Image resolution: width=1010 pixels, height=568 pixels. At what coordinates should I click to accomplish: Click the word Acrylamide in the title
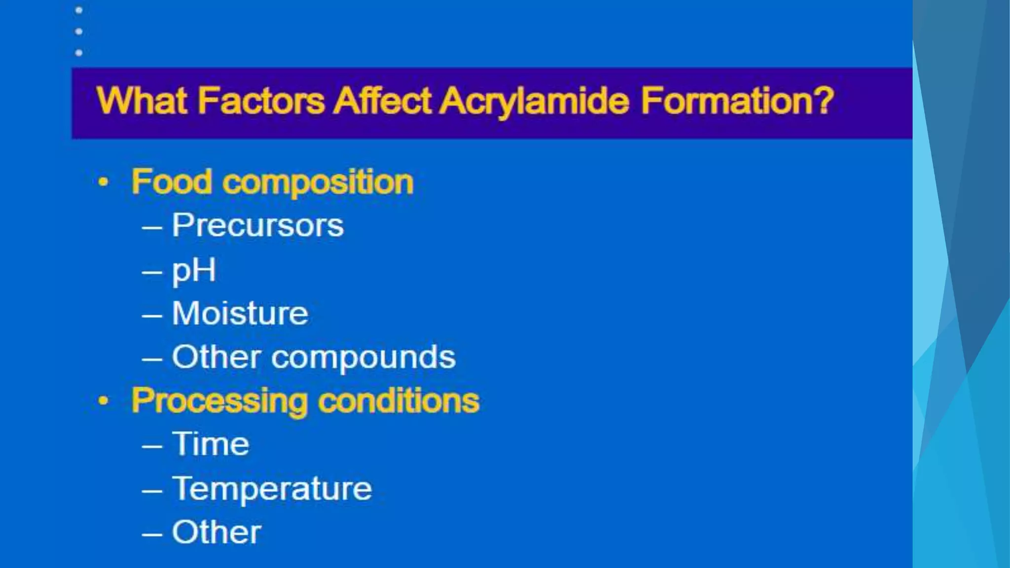point(534,101)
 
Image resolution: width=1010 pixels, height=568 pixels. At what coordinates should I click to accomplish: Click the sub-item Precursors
point(257,225)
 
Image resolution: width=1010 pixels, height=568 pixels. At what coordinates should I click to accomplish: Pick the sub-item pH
point(194,270)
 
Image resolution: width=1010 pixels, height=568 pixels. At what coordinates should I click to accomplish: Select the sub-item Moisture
point(240,314)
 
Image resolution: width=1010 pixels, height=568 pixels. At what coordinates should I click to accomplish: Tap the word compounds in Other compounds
point(363,357)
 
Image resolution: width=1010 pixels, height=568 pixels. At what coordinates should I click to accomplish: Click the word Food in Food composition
point(172,182)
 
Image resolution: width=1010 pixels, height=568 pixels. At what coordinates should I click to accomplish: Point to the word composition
point(318,183)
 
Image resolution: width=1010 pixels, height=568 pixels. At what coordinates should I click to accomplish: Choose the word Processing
point(219,401)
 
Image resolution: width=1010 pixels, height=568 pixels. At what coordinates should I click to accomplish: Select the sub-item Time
point(211,444)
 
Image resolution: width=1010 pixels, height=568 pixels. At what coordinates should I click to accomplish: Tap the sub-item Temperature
point(272,489)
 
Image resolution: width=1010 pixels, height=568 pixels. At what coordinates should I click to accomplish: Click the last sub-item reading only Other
point(216,532)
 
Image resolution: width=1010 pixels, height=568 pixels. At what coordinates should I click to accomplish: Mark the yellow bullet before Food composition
point(103,182)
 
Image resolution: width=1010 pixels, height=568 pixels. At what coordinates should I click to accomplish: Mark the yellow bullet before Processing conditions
point(103,400)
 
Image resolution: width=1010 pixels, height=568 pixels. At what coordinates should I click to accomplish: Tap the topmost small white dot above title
point(79,10)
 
